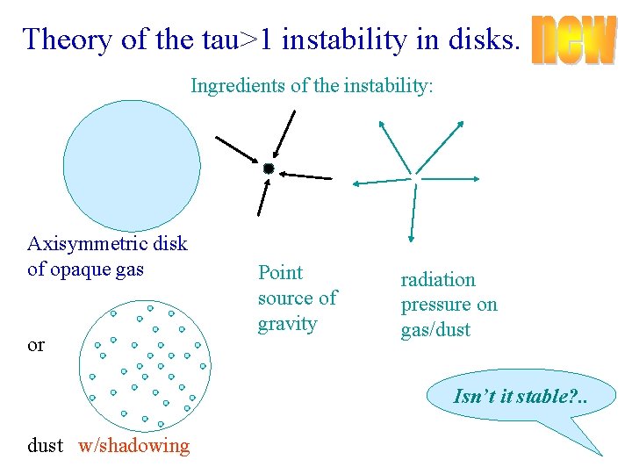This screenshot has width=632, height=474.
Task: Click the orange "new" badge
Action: pos(574,39)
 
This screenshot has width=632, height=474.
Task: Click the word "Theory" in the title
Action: pos(57,39)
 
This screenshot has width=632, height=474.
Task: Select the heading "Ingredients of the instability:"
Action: pos(312,87)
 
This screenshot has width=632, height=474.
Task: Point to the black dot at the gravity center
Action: pos(269,168)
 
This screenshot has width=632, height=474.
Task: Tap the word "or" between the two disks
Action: pos(36,345)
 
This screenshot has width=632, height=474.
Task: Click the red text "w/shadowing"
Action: pos(133,446)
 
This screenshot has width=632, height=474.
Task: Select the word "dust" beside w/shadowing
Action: pos(46,446)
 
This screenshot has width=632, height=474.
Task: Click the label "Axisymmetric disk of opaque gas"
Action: pos(107,256)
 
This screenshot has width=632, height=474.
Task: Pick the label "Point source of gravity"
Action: pos(297,298)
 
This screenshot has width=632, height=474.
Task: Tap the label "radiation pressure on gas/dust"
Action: pos(449,305)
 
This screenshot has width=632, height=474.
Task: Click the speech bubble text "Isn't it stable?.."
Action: pos(521,396)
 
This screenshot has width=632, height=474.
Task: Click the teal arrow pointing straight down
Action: pos(410,211)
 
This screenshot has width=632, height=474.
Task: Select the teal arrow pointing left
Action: pos(381,183)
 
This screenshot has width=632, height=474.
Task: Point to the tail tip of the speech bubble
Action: pos(602,455)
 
